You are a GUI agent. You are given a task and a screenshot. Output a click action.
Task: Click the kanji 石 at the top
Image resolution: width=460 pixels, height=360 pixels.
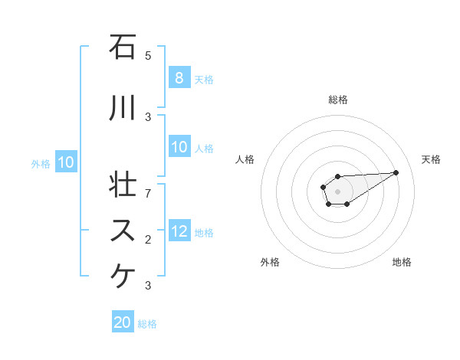pos(121,48)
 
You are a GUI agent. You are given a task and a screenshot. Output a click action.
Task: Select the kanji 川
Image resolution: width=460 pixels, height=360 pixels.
pos(121,108)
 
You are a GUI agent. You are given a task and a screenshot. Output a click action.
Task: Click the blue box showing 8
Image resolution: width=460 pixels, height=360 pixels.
pos(179,78)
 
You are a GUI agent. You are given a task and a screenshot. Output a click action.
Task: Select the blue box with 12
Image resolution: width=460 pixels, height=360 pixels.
pos(179,232)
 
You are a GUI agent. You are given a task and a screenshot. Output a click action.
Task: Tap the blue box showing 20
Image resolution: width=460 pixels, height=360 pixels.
pos(123,322)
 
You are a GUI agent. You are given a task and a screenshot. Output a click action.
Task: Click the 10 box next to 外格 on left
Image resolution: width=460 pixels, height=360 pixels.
pos(65,162)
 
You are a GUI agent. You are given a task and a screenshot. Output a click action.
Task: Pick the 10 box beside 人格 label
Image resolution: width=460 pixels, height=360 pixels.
pos(179,148)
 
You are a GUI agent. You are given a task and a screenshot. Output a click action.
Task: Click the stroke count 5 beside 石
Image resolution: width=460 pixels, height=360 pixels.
pos(148,55)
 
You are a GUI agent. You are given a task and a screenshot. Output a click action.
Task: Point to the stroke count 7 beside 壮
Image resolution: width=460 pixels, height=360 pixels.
pos(148,192)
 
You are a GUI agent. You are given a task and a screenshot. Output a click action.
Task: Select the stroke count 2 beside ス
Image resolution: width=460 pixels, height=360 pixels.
pos(148,240)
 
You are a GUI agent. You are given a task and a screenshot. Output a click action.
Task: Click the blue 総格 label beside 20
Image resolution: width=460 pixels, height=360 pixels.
pos(147,324)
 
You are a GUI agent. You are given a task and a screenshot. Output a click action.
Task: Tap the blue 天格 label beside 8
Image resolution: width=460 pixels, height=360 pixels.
pos(203,79)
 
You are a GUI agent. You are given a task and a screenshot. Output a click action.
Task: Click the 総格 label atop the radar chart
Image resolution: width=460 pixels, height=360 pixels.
pos(337,100)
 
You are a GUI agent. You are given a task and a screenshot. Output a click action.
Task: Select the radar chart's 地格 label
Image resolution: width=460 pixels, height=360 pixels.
pos(402,262)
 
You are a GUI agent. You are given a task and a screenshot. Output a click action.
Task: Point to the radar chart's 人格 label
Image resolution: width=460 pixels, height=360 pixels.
pos(245,159)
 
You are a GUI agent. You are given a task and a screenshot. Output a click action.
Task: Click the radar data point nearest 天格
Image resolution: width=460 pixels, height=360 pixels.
pos(396,172)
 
